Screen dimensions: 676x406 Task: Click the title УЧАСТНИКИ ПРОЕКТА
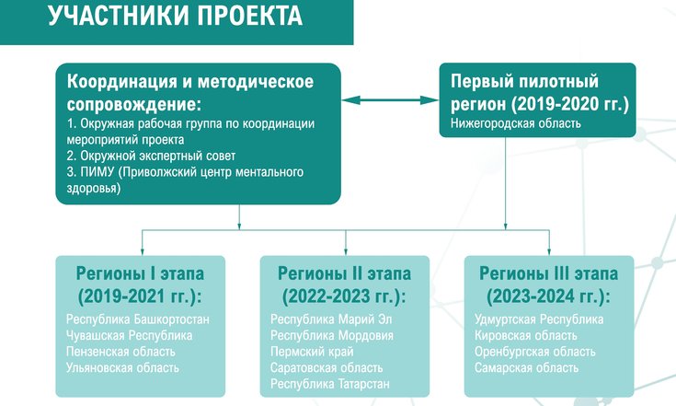[x=175, y=16]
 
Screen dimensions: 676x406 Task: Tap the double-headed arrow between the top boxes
[x=390, y=100]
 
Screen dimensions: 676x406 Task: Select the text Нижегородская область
[x=516, y=123]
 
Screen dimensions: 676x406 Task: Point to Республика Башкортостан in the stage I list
[x=138, y=319]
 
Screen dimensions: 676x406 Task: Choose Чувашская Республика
[x=130, y=335]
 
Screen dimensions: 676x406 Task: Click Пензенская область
[x=120, y=352]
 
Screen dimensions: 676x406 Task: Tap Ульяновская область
[x=122, y=367]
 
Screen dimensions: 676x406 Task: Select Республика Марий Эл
[x=331, y=319]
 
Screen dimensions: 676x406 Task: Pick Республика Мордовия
[x=332, y=335]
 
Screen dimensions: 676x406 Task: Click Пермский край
[x=312, y=352]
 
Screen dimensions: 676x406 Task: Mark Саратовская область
[x=327, y=367]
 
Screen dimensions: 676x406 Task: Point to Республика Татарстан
[x=330, y=384]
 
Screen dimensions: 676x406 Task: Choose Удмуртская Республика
[x=539, y=319]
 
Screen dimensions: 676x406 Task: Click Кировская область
[x=525, y=335]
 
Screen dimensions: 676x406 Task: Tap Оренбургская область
[x=535, y=352]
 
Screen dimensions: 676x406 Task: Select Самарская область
[x=526, y=367]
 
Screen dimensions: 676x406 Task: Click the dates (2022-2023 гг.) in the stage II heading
[x=344, y=296]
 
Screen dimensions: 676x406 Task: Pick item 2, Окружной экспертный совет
[x=152, y=156]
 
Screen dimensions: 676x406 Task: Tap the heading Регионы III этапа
[x=548, y=273]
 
